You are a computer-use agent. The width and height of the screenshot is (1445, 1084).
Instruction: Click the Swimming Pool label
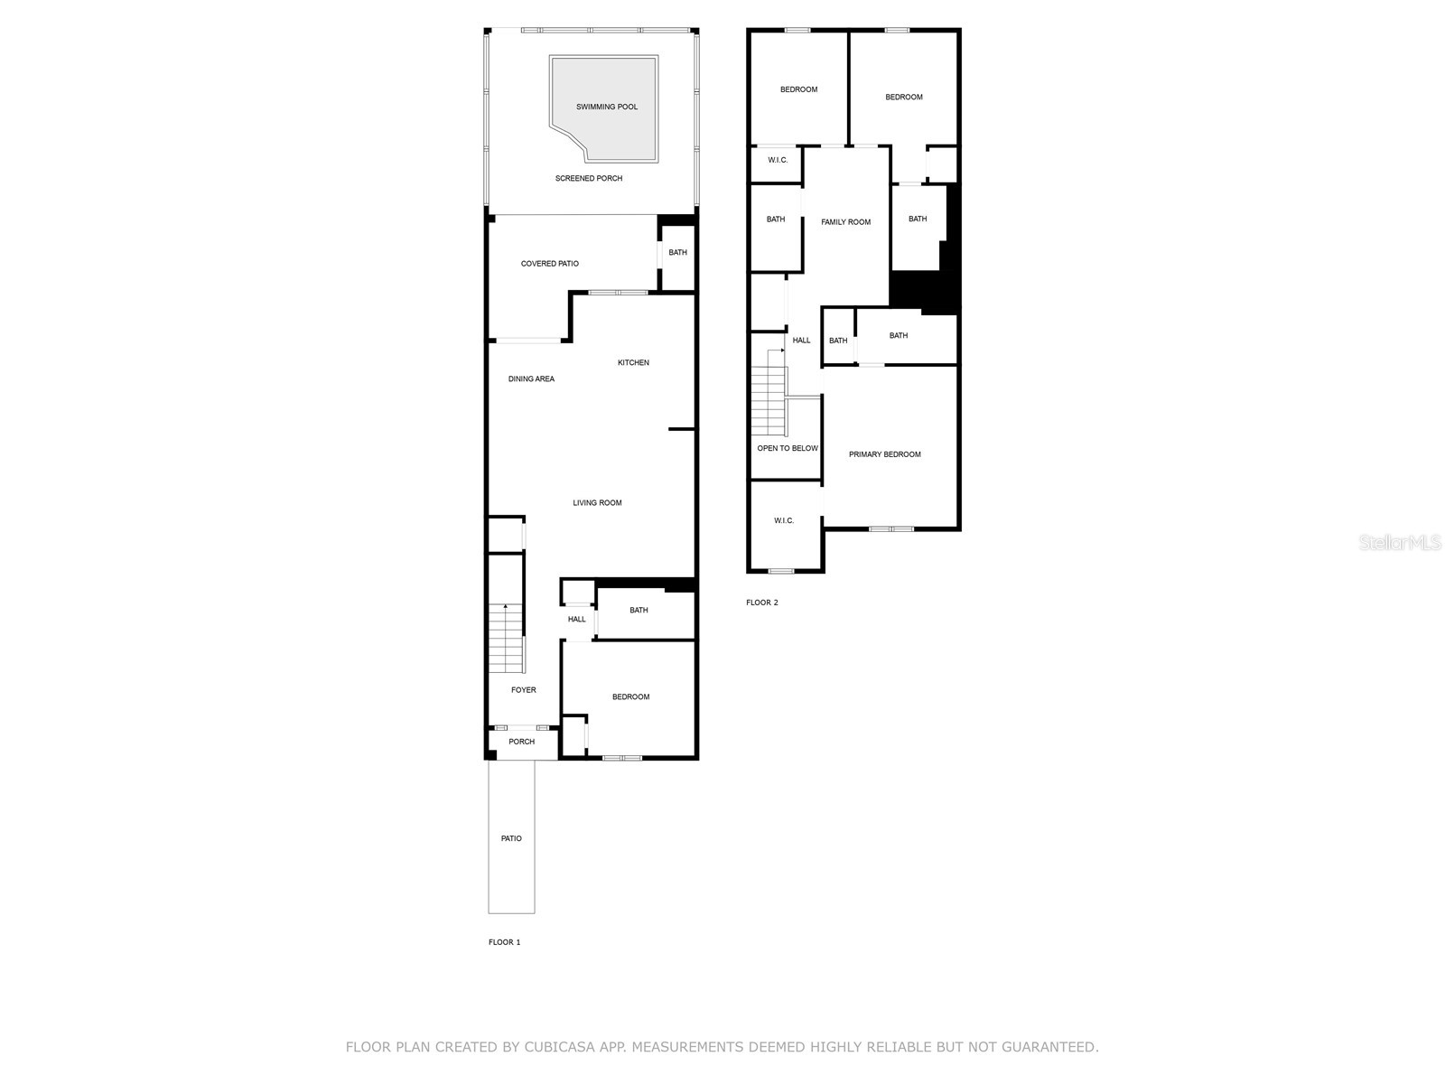607,107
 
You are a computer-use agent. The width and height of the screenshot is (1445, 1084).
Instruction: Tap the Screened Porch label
589,179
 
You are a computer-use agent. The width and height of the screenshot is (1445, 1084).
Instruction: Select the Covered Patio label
550,264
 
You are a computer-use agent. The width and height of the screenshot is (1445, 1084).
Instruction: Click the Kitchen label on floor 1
633,363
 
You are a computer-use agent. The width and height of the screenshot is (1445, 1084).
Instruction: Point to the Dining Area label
531,379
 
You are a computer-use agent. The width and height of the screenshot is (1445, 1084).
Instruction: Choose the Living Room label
597,503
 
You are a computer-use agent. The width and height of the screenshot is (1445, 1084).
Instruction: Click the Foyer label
524,690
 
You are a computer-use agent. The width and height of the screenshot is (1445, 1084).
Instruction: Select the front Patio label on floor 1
511,839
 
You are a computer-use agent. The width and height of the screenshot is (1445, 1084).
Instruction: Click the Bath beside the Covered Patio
677,253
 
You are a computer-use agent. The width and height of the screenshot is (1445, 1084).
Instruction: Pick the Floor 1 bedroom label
630,697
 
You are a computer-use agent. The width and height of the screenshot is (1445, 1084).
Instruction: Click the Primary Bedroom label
885,454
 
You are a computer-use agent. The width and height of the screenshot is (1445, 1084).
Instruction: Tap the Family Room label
846,222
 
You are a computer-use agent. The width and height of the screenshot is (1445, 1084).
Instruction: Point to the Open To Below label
788,449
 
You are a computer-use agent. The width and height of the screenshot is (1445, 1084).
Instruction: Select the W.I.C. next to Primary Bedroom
784,521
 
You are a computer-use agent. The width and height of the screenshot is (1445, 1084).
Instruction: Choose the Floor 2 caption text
761,603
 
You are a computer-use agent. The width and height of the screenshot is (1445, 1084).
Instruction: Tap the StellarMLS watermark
1401,543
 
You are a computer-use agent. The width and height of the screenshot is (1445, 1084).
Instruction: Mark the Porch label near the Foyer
521,743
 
